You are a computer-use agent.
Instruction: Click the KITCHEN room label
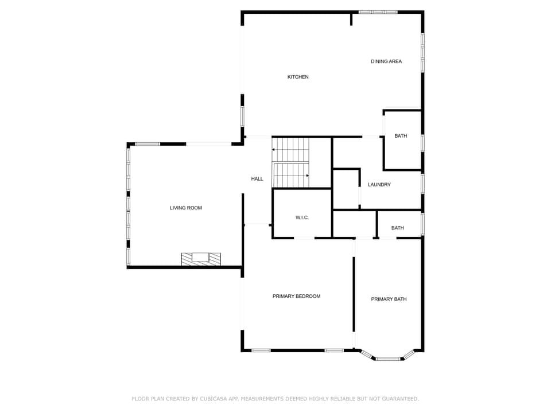click(298, 77)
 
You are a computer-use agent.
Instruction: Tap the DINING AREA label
click(386, 61)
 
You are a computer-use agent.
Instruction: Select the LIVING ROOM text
click(186, 208)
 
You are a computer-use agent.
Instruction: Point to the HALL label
click(257, 179)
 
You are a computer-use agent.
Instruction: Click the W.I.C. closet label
click(302, 217)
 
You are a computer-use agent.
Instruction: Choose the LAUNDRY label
click(379, 185)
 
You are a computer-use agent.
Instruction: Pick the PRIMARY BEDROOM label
click(296, 296)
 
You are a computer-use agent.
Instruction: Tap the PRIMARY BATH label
click(389, 299)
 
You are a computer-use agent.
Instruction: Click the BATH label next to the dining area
click(401, 136)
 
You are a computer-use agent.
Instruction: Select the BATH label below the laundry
click(398, 228)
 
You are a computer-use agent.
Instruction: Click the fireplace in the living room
click(201, 259)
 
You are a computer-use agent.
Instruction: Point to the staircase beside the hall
click(291, 162)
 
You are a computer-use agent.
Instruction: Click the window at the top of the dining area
click(378, 11)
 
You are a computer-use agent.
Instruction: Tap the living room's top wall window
click(148, 143)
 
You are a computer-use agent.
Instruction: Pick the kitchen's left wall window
click(242, 116)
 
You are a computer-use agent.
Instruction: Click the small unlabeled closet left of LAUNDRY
click(346, 189)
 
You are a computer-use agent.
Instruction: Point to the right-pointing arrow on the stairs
click(307, 176)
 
